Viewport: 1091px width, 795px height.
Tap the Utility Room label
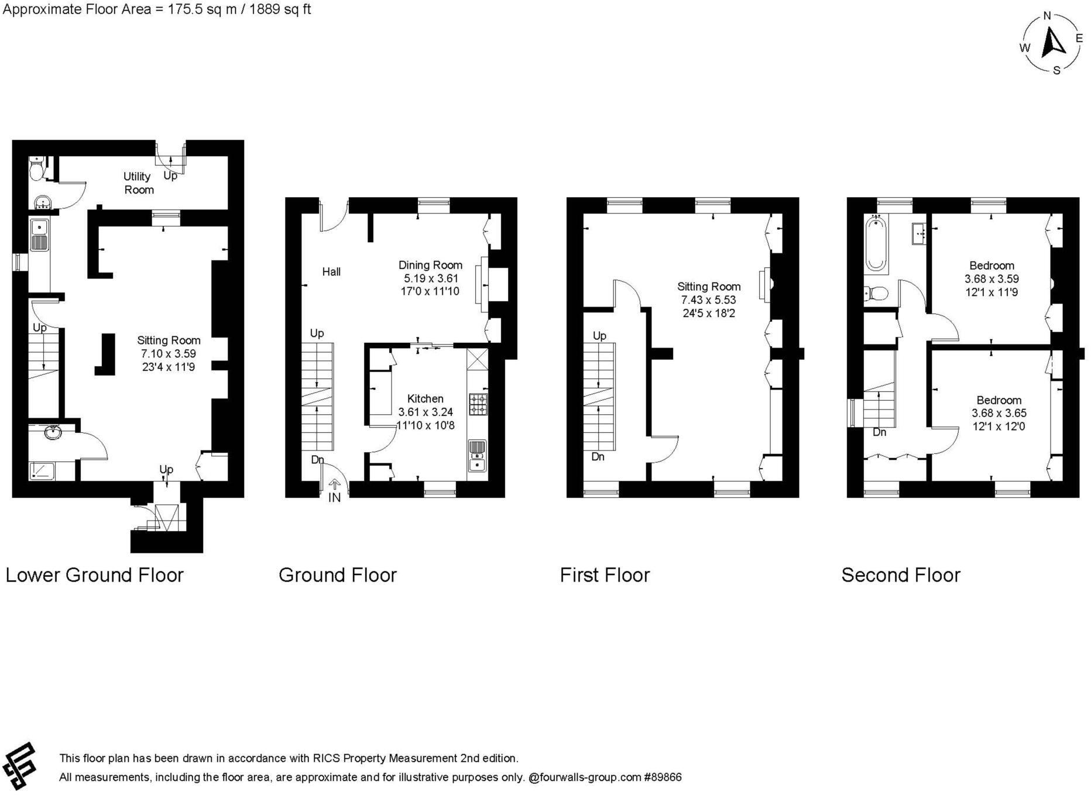point(138,183)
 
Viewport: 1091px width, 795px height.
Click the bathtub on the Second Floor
point(876,244)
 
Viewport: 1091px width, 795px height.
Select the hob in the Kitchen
point(478,404)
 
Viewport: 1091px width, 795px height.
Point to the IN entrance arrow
point(335,484)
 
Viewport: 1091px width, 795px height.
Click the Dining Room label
point(430,265)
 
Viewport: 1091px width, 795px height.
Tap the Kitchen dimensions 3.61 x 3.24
point(425,412)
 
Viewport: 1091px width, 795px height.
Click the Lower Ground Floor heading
point(94,575)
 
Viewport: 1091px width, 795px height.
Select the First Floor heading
point(604,575)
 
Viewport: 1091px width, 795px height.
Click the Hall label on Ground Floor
point(331,271)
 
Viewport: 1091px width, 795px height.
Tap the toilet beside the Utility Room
point(37,170)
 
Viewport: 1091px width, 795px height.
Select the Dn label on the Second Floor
point(879,432)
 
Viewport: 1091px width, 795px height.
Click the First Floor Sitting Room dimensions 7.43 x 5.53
point(708,300)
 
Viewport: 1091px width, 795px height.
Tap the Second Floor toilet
point(875,293)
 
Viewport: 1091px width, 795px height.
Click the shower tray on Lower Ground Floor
point(42,470)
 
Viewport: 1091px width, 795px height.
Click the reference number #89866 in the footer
point(663,777)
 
